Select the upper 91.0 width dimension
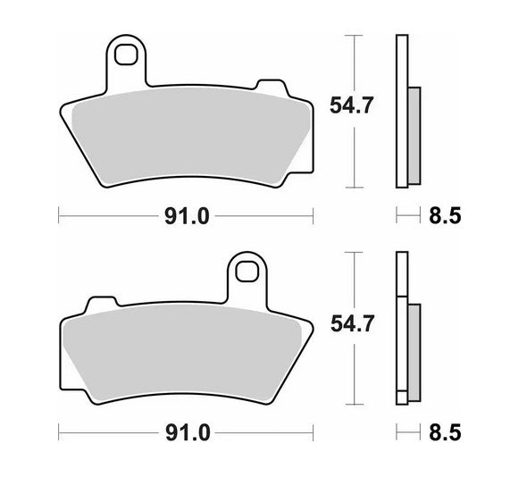[187, 214]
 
